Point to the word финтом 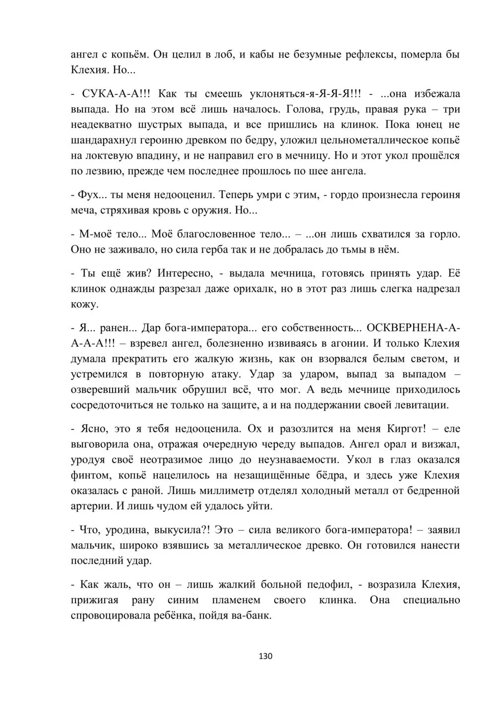[91, 475]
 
